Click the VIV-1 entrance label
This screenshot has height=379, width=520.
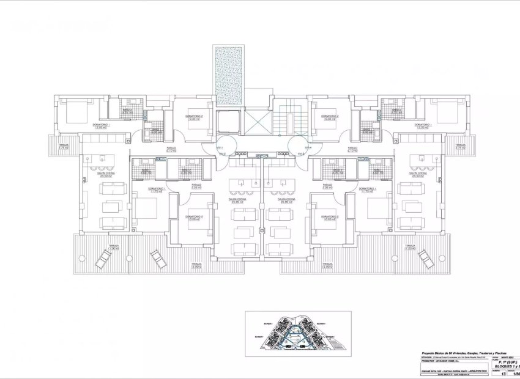click(x=222, y=147)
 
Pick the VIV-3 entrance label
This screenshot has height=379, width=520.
click(x=300, y=153)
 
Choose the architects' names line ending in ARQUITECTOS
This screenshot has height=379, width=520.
click(x=454, y=370)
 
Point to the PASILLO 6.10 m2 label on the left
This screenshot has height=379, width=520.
click(x=171, y=149)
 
